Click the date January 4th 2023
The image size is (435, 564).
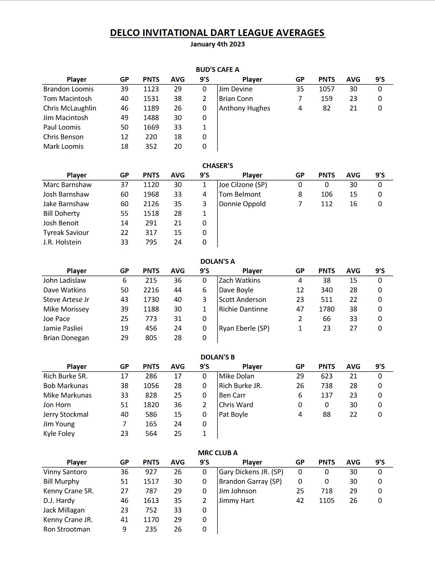pos(217,44)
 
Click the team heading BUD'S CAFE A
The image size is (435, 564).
pos(217,70)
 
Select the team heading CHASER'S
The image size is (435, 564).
pos(217,165)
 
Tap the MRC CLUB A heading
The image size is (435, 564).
pos(217,453)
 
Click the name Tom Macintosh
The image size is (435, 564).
pos(67,98)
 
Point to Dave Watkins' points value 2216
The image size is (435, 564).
pos(151,290)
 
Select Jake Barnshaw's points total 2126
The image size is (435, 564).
pos(151,204)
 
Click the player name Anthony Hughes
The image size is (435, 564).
pos(245,108)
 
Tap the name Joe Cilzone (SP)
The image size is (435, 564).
pos(243,185)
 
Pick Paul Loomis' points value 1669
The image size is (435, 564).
pos(151,127)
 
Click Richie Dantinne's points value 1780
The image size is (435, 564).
pos(327,309)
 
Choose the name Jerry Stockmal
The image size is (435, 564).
pos(65,414)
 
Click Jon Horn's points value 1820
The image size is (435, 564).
pos(151,404)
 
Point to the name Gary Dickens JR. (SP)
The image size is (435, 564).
pos(251,472)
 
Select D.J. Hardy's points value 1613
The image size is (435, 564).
pos(151,500)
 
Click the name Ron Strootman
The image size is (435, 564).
pos(67,529)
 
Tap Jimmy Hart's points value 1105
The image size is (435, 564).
pos(327,500)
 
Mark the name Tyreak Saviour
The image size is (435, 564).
pos(66,232)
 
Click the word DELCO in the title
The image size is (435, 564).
pos(125,33)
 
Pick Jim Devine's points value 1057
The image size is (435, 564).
pos(327,89)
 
